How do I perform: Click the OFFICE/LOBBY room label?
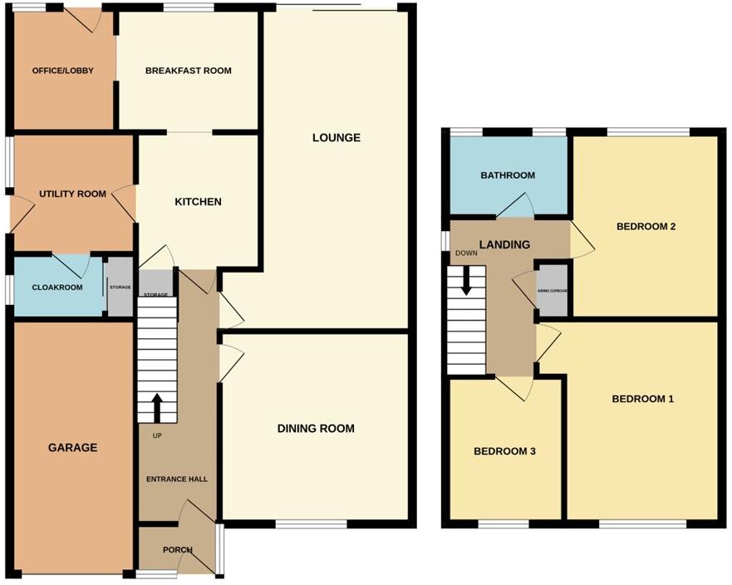tap(62, 71)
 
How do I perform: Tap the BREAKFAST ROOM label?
tap(188, 71)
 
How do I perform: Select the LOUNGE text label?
tap(337, 137)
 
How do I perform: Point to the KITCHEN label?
tap(198, 202)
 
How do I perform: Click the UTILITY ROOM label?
tap(72, 194)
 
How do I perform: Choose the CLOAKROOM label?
tap(56, 288)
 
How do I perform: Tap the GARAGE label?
tap(72, 447)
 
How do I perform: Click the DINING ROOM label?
tap(316, 429)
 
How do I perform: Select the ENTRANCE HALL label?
tap(177, 479)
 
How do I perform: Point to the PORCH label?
tap(178, 550)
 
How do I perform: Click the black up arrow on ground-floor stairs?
tap(157, 408)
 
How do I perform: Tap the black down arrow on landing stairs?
tap(466, 281)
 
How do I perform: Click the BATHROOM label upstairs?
tap(508, 175)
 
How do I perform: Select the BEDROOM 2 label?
tap(646, 226)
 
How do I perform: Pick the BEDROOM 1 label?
tap(642, 399)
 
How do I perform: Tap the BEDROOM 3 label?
tap(504, 451)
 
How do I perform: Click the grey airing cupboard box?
tap(553, 291)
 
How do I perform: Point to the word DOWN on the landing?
tap(466, 253)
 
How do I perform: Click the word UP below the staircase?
tap(157, 435)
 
